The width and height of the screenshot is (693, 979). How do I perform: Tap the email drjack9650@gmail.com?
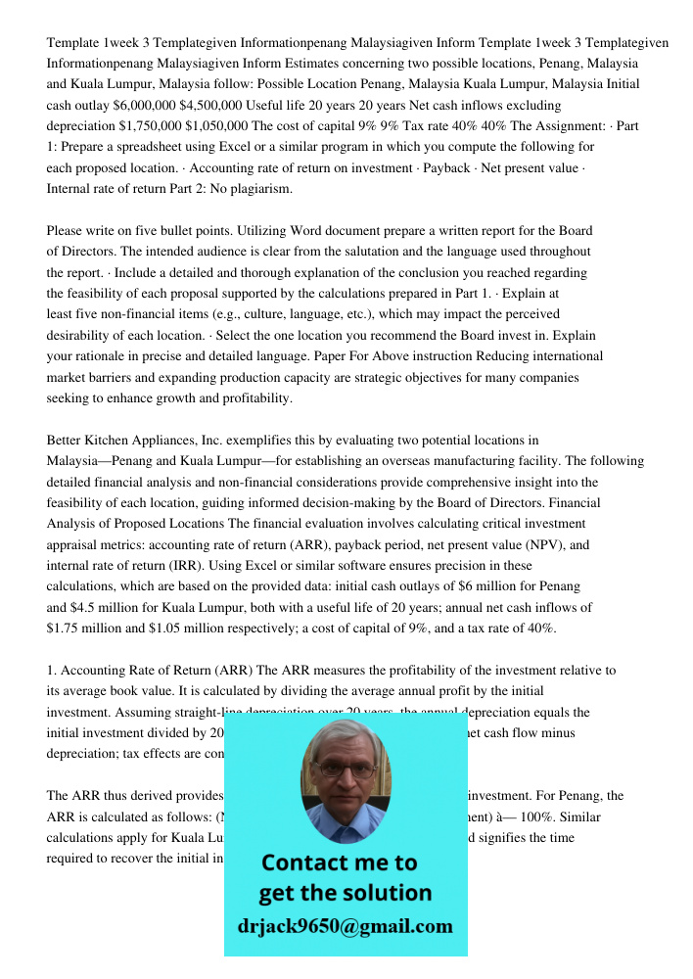point(346,926)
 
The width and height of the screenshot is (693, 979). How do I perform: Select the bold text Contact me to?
point(339,862)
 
